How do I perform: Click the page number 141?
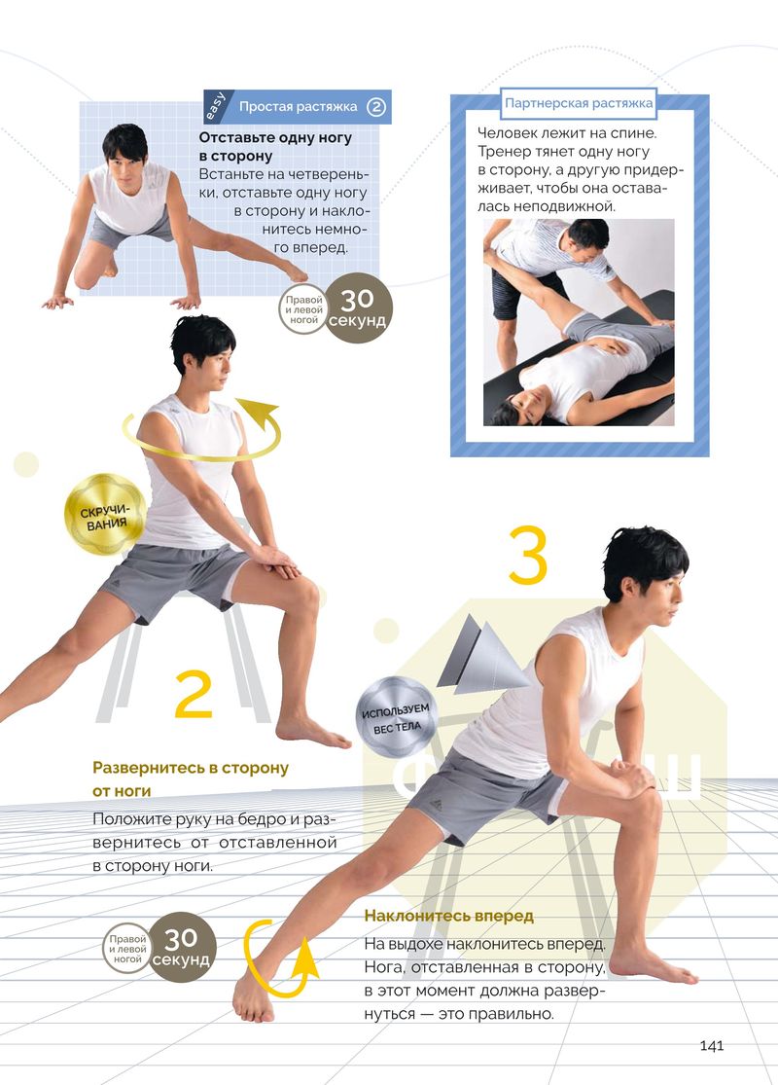tap(712, 1044)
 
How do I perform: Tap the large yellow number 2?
tap(193, 694)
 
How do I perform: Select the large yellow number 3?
tap(528, 556)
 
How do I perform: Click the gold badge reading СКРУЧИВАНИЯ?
tap(105, 515)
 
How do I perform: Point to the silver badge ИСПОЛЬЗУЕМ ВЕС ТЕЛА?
tap(397, 717)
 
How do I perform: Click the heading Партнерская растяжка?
tap(578, 103)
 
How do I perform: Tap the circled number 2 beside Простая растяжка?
tap(375, 107)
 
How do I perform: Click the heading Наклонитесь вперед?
tap(449, 916)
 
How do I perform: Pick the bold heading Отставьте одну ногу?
tap(275, 137)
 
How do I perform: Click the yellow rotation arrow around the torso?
tap(201, 429)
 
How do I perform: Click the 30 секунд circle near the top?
tap(358, 308)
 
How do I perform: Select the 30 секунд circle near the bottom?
tap(181, 948)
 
